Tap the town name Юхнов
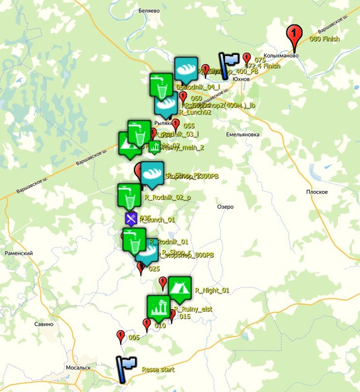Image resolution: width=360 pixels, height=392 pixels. pos(241,79)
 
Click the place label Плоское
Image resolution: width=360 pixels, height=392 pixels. pos(316,192)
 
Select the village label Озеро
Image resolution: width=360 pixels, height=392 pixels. pos(225,207)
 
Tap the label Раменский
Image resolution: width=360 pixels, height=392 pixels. pos(19,253)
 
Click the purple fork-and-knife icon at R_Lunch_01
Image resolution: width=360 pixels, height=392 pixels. pos(130,219)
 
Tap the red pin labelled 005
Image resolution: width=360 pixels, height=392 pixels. pos(120,336)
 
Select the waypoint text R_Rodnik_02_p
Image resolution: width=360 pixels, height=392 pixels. pos(168,197)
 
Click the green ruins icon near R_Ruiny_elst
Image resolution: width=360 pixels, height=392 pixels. pos(158,307)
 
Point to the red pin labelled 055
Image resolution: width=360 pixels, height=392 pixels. pos(176,124)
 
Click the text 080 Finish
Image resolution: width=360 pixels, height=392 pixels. pos(324,39)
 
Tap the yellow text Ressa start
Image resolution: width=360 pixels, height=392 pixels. pos(158,370)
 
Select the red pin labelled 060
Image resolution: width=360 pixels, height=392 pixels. pos(183,97)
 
